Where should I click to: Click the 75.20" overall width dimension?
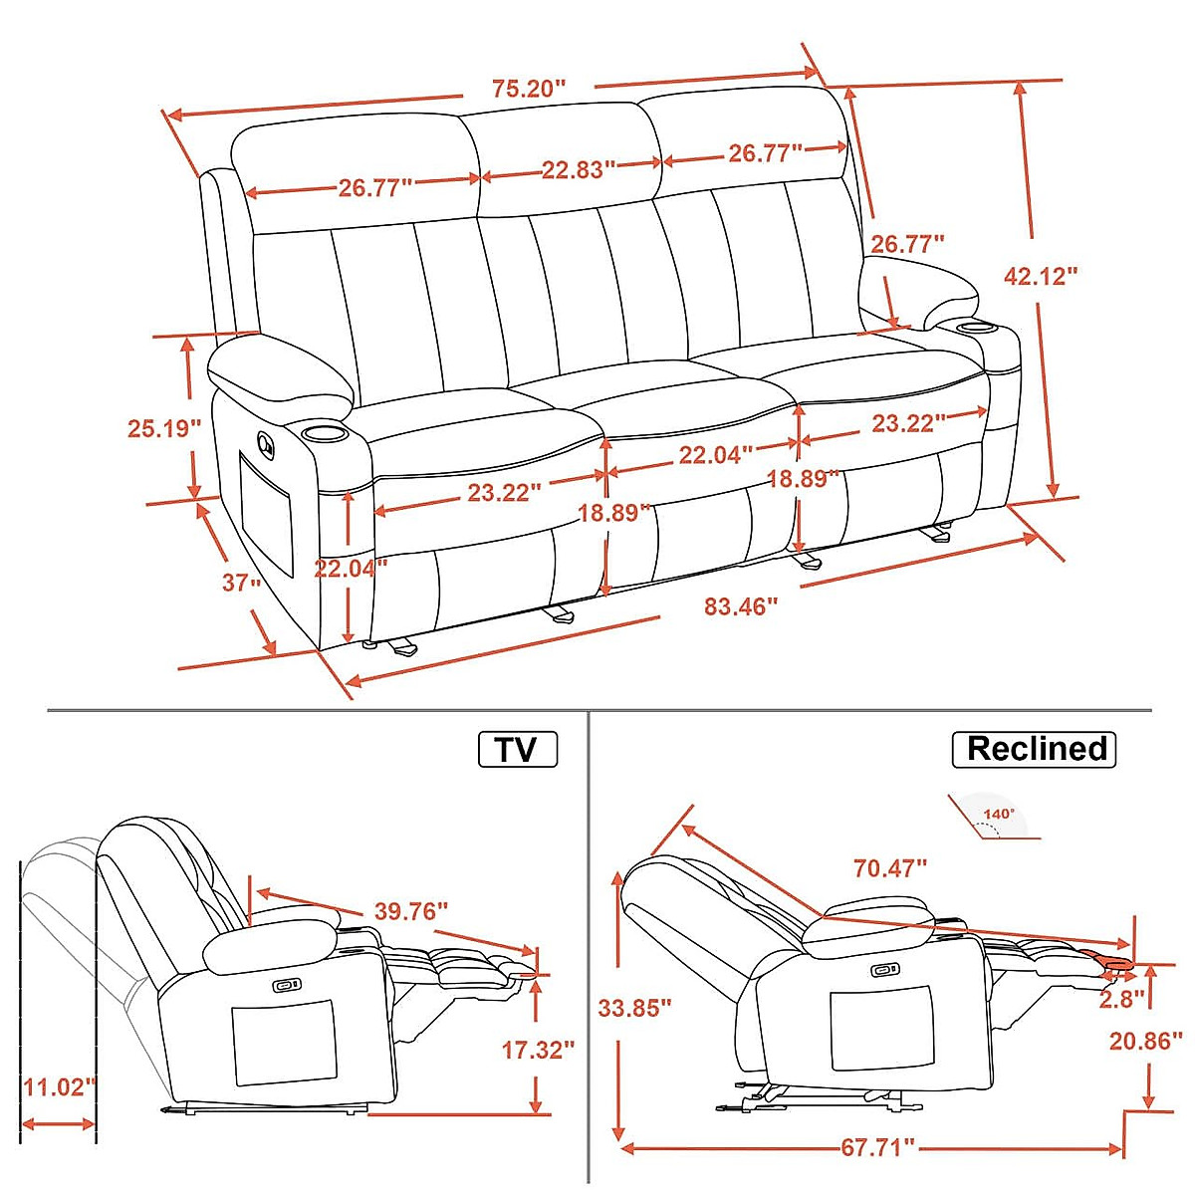point(528,89)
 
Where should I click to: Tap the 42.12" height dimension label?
point(1041,276)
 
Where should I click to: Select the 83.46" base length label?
point(740,605)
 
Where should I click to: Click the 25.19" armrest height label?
point(164,428)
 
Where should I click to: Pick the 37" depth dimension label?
point(240,582)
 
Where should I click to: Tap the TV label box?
point(517,749)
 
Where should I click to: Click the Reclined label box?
point(1036,748)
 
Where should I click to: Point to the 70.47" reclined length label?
point(889,868)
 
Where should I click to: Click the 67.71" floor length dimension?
point(875,1147)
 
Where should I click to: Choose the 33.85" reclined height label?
point(634,1008)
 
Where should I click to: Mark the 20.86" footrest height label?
point(1145,1041)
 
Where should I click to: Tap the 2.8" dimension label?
point(1120,999)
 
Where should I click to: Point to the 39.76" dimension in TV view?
point(410,910)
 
